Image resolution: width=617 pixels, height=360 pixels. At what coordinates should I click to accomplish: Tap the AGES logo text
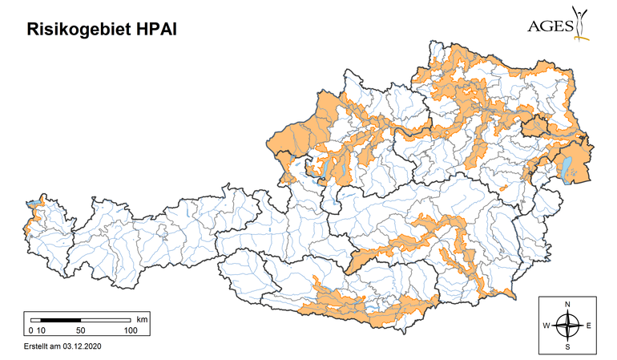pos(550,25)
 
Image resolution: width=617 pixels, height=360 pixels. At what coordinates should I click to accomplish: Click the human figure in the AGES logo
pos(581,22)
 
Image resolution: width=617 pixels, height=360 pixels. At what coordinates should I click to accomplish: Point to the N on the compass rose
pos(567,305)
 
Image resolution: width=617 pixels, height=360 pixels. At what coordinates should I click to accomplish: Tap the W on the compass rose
pos(546,326)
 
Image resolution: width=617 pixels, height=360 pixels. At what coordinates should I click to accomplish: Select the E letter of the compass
pos(588,326)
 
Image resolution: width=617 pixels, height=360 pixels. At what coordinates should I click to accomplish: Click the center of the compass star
pos(567,326)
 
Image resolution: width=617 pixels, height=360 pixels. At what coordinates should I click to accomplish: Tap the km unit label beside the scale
pos(142,319)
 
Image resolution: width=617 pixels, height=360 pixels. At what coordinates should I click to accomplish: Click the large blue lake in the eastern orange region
pos(567,166)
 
